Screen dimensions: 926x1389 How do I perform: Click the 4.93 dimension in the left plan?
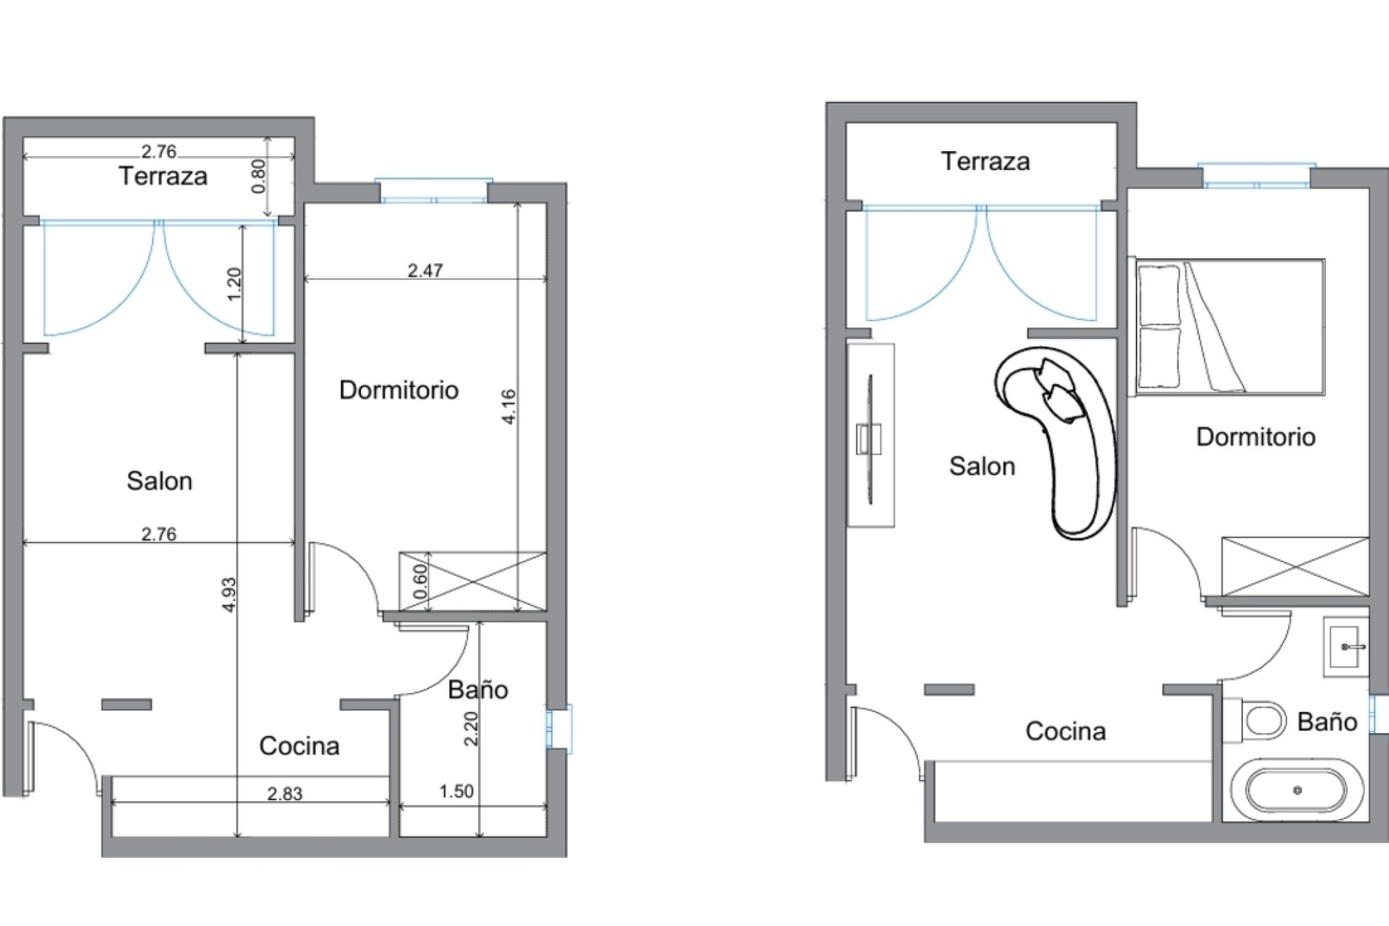229,594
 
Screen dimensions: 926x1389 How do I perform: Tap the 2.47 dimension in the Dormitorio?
425,271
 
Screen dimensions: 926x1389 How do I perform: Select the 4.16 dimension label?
509,407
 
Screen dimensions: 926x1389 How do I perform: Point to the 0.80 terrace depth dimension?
258,176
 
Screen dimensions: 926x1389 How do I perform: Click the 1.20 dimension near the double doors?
234,284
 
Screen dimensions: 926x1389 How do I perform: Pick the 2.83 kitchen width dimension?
285,794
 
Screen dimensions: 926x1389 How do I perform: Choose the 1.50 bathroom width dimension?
456,791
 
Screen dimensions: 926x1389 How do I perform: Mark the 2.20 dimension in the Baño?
471,729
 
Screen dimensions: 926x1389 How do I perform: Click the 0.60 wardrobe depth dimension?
420,582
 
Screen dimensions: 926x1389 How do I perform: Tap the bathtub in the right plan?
1296,790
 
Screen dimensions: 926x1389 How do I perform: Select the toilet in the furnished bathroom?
1260,721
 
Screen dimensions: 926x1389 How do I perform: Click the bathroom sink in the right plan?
1346,646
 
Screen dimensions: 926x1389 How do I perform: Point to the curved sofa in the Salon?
1063,434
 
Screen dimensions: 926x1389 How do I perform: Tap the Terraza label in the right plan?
985,161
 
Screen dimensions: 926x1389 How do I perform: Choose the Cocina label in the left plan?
300,746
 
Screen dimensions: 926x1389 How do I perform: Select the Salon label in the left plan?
159,481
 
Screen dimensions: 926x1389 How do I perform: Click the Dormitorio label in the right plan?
1255,437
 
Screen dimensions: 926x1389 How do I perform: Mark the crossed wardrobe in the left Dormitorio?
473,581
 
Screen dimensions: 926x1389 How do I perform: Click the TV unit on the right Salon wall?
870,436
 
